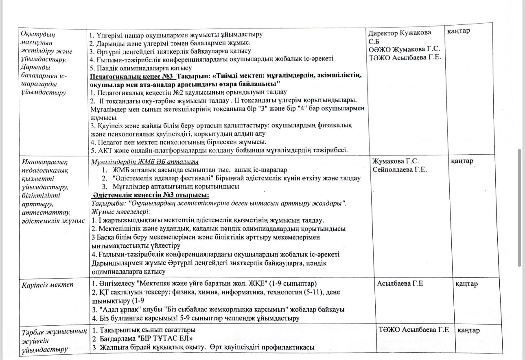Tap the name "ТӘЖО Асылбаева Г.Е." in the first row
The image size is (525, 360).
point(405,57)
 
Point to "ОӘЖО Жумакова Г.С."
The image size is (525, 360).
point(405,50)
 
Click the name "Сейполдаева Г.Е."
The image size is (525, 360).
point(399,170)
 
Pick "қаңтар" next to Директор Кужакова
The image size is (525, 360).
point(459,31)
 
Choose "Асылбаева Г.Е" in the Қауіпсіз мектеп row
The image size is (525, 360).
point(400,283)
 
